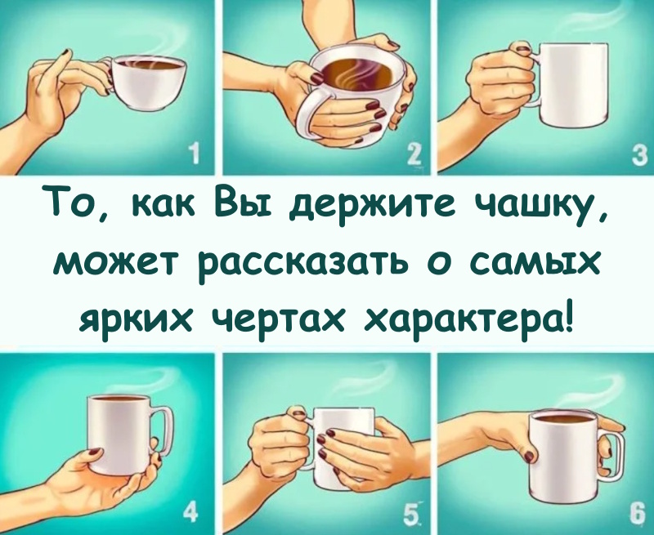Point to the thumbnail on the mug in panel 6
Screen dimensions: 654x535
coord(531,453)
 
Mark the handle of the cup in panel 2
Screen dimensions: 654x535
coord(311,114)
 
